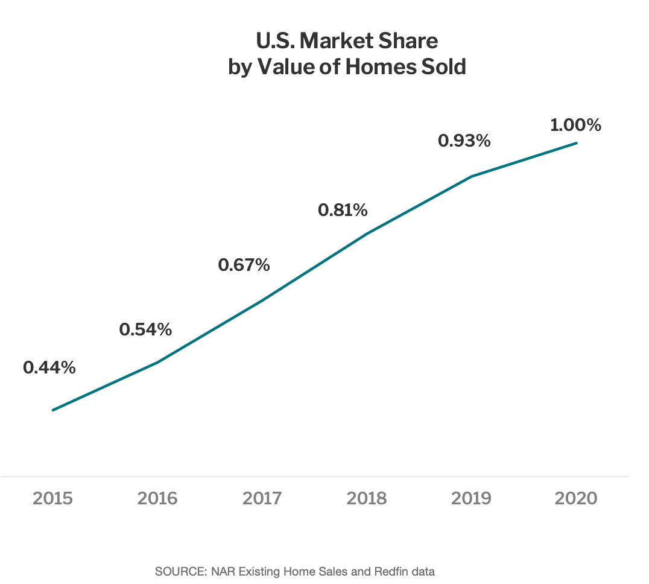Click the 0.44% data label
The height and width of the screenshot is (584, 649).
coord(49,367)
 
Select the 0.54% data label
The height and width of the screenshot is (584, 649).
coord(146,329)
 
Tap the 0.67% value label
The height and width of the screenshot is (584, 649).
coord(244,265)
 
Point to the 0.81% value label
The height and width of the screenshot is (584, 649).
coord(343,210)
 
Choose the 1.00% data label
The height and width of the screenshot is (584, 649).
coord(575,125)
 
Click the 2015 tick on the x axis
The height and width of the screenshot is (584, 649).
coord(53,499)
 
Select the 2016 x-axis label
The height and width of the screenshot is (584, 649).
coord(157,499)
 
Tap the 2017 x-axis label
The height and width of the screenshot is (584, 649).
coord(262,499)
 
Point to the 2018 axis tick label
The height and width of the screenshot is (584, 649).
coord(367,499)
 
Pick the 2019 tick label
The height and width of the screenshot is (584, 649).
coord(471,499)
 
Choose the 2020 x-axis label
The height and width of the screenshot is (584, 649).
coord(576,499)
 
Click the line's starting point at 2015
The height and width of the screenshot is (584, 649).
coord(53,410)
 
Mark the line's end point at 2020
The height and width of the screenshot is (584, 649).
coord(577,143)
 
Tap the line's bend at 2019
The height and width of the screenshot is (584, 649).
coord(472,176)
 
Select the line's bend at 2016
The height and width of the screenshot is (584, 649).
coord(158,362)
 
